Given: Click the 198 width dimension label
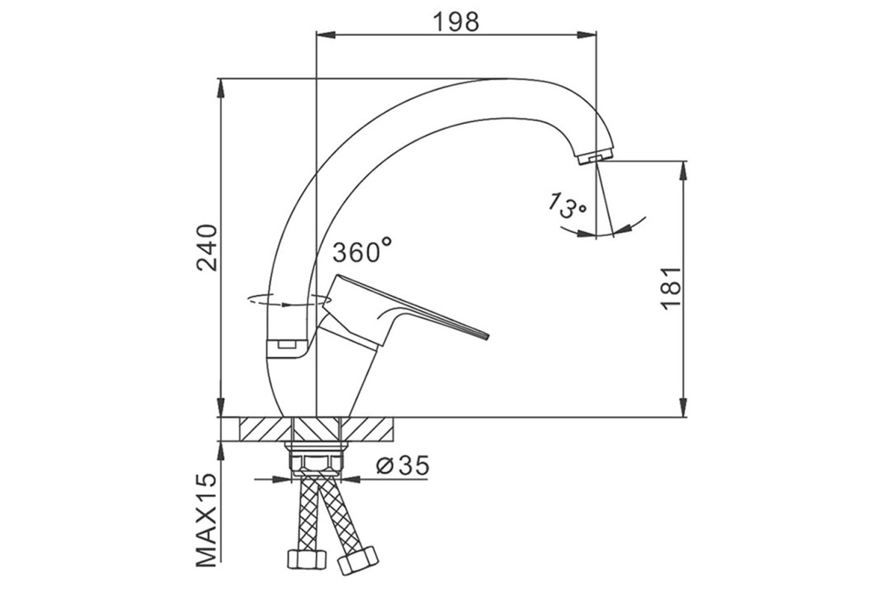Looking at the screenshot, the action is pos(456,21).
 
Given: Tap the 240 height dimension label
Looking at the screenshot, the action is pos(207,248).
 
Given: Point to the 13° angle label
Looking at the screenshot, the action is pos(566,206).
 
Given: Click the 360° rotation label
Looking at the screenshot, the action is pos(363,250).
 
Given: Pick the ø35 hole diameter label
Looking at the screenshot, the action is pos(402,465).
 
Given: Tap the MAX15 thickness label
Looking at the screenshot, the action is pos(207,520).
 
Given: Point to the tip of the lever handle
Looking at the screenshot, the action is pos(487,336).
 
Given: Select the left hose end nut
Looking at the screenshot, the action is pos(307,559).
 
